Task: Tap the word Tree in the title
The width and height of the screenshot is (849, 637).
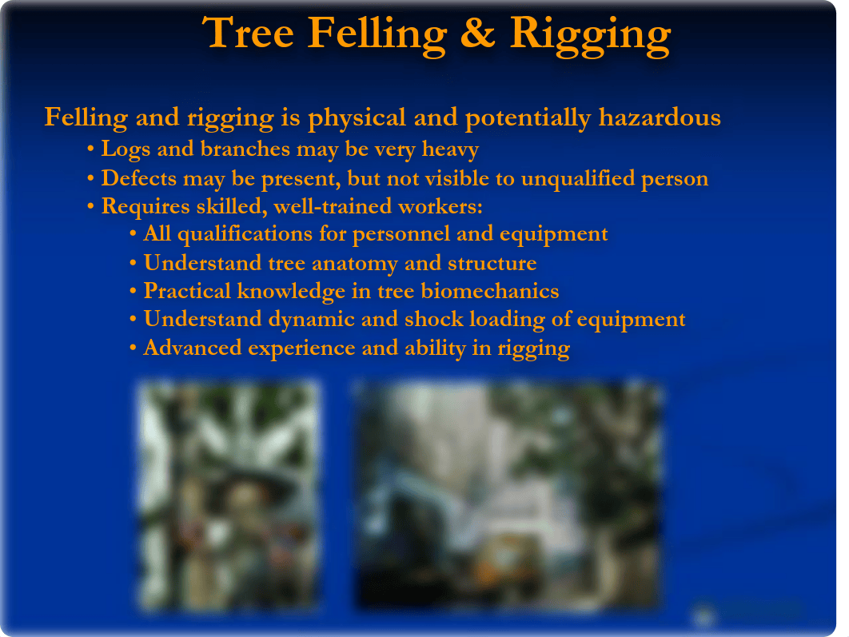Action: (x=248, y=33)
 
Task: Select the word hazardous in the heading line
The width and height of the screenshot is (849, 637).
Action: (x=660, y=117)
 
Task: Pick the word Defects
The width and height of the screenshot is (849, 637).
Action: (x=139, y=178)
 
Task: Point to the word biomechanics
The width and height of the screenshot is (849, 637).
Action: (x=490, y=291)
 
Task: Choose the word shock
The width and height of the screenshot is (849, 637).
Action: (x=434, y=320)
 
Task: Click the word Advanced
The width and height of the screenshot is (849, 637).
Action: (x=192, y=348)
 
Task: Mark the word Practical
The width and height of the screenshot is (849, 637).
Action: (x=187, y=291)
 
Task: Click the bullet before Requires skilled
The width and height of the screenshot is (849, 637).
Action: (x=90, y=206)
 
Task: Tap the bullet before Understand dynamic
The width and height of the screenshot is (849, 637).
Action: (x=134, y=320)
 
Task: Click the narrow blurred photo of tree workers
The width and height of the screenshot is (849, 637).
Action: (x=228, y=496)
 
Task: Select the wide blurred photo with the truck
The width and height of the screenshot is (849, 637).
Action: (x=508, y=496)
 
